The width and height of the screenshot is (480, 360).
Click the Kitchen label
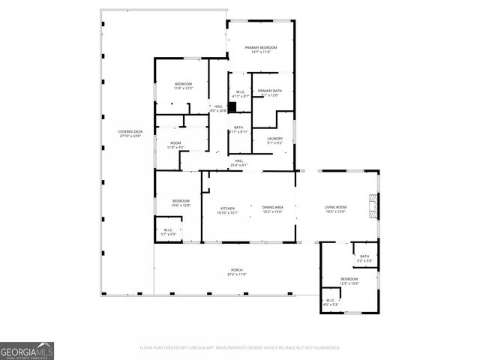point(227,210)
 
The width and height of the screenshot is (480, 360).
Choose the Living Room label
point(335,210)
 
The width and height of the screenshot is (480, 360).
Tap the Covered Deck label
point(130,134)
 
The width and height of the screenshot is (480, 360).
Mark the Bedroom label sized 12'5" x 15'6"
point(349,280)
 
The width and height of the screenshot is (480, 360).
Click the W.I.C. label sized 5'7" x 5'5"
point(169,232)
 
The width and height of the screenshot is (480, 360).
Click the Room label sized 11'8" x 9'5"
point(175,145)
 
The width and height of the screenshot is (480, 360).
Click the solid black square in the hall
point(221,106)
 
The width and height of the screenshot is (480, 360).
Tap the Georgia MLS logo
point(27,350)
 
